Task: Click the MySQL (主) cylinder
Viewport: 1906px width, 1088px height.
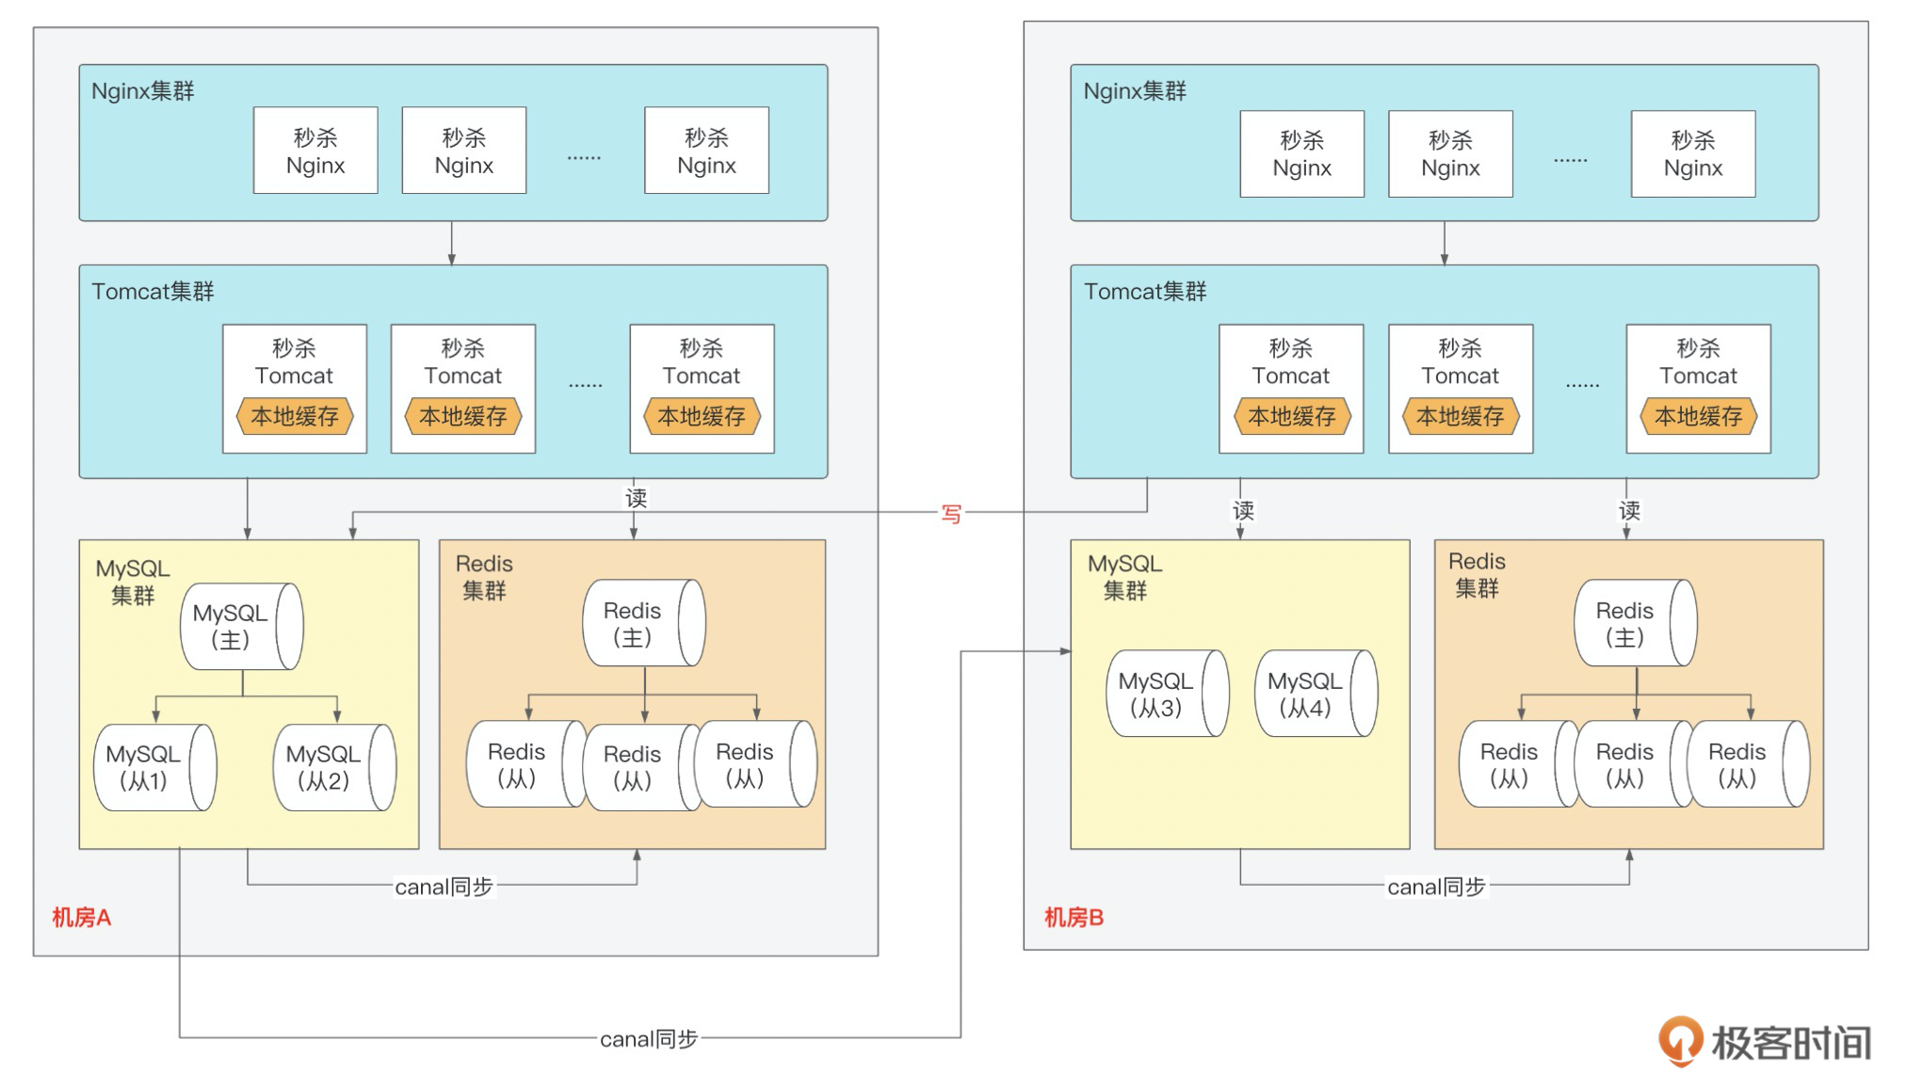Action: [241, 627]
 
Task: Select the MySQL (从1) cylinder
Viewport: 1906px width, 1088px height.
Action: [154, 767]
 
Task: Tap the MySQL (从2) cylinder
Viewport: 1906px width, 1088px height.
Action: [334, 767]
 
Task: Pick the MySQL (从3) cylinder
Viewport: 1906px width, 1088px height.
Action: [1167, 694]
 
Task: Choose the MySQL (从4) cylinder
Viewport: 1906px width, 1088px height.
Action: [1316, 694]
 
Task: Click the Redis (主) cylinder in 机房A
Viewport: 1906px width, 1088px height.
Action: [643, 623]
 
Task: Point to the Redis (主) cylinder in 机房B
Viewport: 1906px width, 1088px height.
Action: [1635, 623]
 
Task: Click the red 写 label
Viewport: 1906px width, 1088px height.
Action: [951, 514]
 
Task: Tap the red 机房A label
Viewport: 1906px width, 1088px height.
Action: [82, 918]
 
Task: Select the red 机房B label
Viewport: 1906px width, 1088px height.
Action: [1074, 918]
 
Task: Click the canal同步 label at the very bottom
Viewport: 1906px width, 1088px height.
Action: [649, 1039]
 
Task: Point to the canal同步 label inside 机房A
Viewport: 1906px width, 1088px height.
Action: [444, 887]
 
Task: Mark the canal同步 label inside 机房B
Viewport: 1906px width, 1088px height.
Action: [1436, 887]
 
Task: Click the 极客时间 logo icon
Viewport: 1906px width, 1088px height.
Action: [1680, 1041]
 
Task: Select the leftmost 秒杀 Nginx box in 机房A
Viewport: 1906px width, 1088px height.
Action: [315, 151]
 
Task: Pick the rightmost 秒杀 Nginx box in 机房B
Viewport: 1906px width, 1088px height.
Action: [1693, 154]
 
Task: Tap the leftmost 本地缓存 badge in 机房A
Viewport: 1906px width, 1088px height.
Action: [295, 416]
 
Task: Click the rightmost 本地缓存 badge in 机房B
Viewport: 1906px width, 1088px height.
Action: [1698, 416]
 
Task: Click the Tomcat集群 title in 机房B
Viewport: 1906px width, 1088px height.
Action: [1145, 292]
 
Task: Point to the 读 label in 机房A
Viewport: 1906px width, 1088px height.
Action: [637, 498]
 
